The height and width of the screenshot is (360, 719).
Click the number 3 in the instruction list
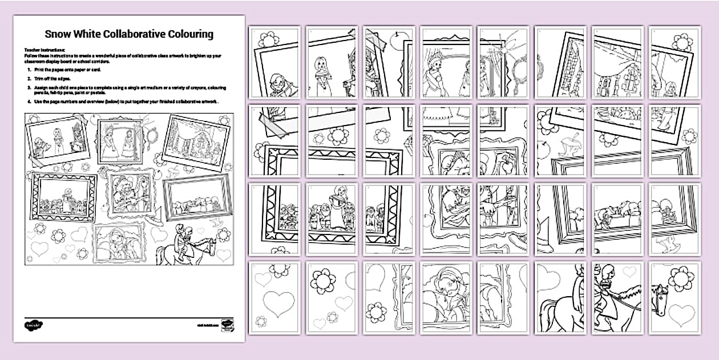coord(29,87)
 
